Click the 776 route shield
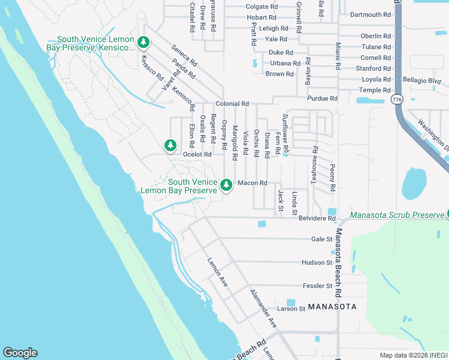click(x=396, y=98)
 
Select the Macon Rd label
click(x=252, y=183)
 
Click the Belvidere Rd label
click(x=317, y=218)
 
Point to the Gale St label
click(x=322, y=239)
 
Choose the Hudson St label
click(x=317, y=263)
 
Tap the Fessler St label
click(x=318, y=286)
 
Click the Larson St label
click(x=292, y=309)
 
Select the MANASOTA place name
click(x=333, y=307)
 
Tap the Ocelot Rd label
click(x=197, y=154)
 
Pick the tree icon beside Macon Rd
click(x=226, y=185)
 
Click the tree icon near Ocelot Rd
click(x=170, y=145)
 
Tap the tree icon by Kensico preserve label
click(x=143, y=42)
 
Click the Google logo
click(x=20, y=353)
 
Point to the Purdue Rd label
click(x=322, y=98)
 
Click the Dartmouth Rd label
click(x=370, y=14)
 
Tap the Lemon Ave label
click(x=217, y=272)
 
